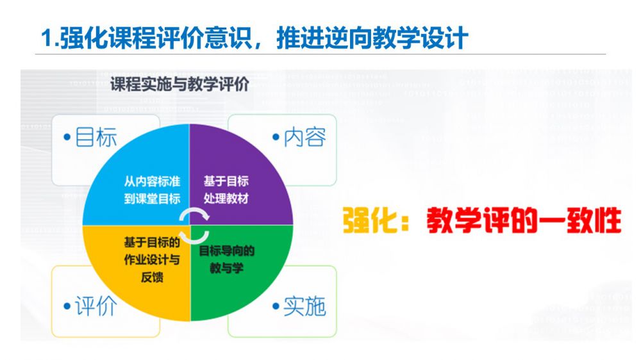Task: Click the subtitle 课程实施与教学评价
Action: point(180,84)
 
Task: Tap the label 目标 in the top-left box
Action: point(97,137)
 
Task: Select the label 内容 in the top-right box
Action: point(305,137)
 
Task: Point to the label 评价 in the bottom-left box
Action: point(96,306)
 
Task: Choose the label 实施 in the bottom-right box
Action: point(305,306)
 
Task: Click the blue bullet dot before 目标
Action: point(67,137)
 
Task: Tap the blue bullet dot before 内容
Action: point(276,137)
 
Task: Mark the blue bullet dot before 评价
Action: point(67,306)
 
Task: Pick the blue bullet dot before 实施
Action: point(276,306)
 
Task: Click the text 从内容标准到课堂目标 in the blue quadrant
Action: point(152,190)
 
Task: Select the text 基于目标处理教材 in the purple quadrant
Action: point(226,190)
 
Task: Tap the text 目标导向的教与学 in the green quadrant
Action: point(226,259)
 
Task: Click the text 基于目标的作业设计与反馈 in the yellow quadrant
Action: point(152,259)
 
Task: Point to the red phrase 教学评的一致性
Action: point(524,220)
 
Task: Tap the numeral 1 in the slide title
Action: point(47,40)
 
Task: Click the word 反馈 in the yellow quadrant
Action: point(152,277)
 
